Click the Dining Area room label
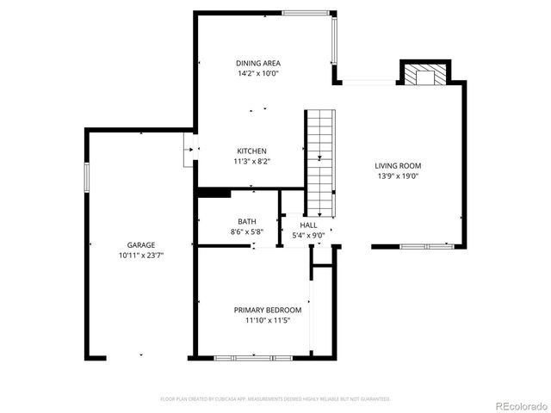[x=258, y=63]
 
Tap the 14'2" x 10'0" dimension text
[x=258, y=74]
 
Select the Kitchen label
[x=252, y=151]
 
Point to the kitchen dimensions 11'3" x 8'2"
[x=252, y=162]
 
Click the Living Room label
[x=398, y=166]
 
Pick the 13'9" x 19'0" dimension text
[x=398, y=176]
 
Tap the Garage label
[x=141, y=245]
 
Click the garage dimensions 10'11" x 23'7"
[x=141, y=256]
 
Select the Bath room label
[x=247, y=221]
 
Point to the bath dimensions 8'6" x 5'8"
[x=247, y=231]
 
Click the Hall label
[x=308, y=225]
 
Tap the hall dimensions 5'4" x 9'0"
[x=308, y=234]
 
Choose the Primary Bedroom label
[x=268, y=310]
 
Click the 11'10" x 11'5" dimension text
[x=268, y=320]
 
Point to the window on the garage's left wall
[x=85, y=176]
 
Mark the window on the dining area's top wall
[x=308, y=12]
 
